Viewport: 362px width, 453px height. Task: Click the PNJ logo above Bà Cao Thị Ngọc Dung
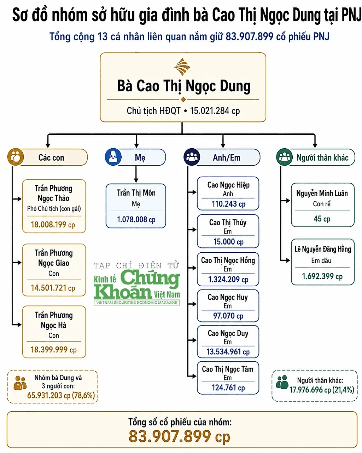pos(182,67)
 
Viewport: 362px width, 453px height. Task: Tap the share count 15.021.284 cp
pos(215,111)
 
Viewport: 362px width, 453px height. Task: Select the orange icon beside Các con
pos(16,157)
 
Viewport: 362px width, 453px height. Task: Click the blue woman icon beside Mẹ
pos(113,157)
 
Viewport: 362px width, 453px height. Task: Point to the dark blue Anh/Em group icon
pos(192,157)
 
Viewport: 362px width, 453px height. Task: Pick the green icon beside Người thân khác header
pos(284,157)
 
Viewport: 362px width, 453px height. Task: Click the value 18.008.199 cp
pos(53,225)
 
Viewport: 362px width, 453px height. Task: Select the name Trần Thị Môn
pos(136,193)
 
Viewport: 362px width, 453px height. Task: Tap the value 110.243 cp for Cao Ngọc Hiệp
pos(228,204)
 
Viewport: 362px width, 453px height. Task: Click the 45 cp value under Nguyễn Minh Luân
pos(322,219)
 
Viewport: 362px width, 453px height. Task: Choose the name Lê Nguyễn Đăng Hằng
pos(323,249)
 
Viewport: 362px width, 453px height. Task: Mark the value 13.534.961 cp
pos(228,352)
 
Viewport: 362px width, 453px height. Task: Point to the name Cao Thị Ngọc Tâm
pos(228,369)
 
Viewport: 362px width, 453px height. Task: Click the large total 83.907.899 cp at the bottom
pos(180,436)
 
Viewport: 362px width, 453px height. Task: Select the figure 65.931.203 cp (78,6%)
pos(61,395)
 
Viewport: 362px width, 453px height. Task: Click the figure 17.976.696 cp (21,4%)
pos(322,390)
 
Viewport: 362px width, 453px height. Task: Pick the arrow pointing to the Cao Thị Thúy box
pos(192,230)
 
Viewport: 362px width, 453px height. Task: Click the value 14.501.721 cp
pos(53,288)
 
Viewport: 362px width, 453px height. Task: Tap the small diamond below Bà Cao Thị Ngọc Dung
pos(183,99)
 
